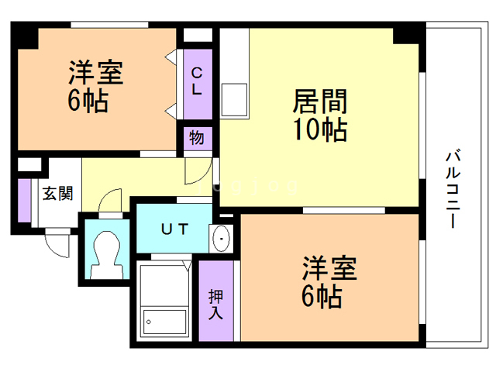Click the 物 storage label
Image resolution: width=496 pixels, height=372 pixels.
[x=197, y=139]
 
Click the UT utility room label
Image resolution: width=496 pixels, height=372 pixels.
[x=173, y=229]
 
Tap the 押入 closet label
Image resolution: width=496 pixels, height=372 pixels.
[x=216, y=305]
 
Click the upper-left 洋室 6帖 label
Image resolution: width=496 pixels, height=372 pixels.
[x=95, y=88]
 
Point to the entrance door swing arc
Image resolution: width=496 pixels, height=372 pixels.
[x=58, y=241]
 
